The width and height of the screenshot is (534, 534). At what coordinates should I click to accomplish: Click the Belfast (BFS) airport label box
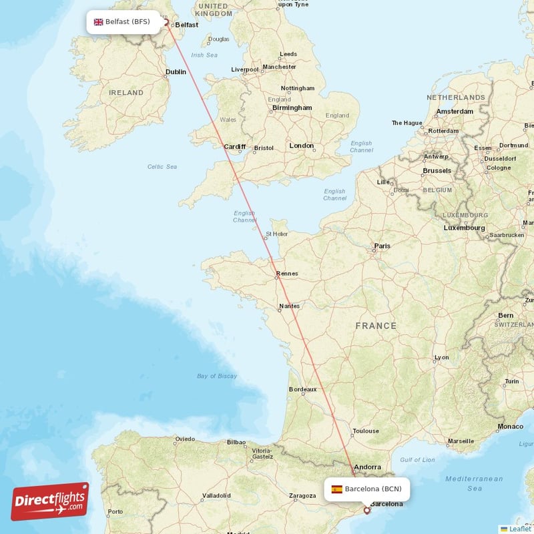pos(123,21)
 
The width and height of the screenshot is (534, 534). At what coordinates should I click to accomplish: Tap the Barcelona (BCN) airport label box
pos(366,489)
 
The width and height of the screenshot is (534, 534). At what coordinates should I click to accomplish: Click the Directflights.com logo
pos(50,501)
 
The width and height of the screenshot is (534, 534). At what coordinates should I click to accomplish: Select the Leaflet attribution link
pos(520,529)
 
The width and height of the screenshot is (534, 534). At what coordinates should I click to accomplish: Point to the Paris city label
pos(382,246)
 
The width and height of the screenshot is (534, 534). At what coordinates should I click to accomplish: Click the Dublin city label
pos(176,72)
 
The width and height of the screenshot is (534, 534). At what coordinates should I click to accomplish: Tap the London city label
pos(302,146)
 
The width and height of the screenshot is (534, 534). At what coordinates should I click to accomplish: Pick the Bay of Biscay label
pos(217,376)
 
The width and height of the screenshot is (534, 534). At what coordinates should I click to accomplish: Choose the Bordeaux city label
pos(302,389)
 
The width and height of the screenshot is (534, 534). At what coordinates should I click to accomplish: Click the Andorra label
pos(368,467)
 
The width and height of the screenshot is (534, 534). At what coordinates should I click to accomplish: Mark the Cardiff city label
pos(235,147)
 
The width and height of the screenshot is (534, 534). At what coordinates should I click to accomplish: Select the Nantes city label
pos(290,306)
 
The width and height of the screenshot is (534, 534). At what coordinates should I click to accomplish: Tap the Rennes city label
pos(287,273)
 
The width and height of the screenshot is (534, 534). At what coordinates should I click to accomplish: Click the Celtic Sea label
pos(162,166)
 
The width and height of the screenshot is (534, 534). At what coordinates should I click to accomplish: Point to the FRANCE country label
pos(376,326)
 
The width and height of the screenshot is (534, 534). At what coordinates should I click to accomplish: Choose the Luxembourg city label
pos(465,228)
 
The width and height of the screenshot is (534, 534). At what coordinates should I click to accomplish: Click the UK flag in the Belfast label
pos(99,21)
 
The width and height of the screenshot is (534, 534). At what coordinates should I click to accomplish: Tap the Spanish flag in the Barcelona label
pos(336,489)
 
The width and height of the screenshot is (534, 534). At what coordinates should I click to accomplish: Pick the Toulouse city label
pos(366,431)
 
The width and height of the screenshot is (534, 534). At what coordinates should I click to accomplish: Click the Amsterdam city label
pos(455,111)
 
